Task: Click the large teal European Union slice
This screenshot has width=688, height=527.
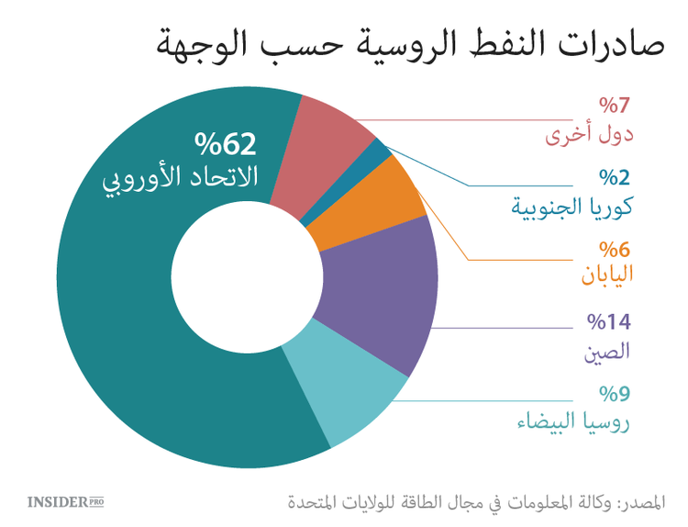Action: [119, 303]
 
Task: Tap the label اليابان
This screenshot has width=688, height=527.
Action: [607, 276]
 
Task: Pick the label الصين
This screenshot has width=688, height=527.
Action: [607, 350]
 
